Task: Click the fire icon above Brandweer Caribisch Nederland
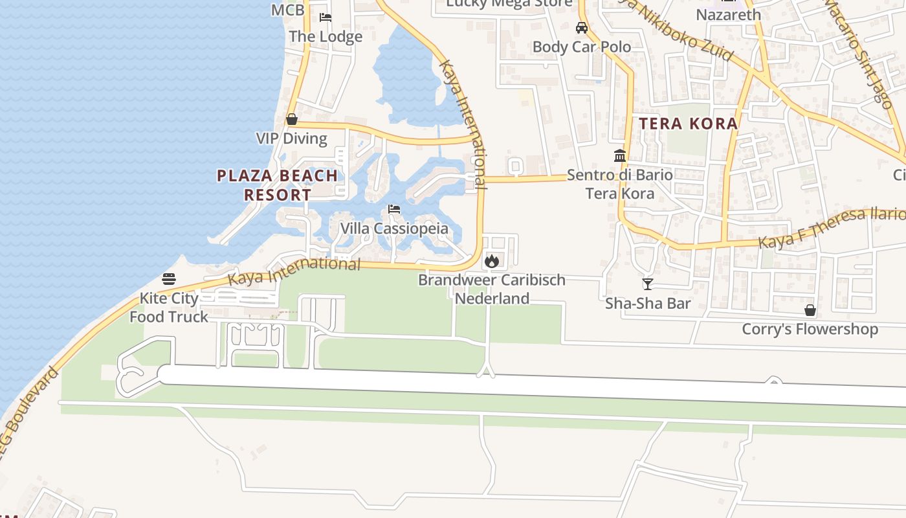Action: (x=492, y=261)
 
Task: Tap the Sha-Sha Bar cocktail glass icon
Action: (x=647, y=284)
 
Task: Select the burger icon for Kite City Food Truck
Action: (x=169, y=279)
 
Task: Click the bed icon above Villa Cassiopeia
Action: (x=393, y=209)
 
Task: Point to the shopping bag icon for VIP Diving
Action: (x=292, y=119)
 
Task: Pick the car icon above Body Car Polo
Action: (x=582, y=27)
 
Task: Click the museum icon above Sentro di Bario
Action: (x=620, y=155)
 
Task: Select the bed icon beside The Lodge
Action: (x=326, y=17)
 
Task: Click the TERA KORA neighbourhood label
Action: (x=689, y=124)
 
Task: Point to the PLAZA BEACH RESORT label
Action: (x=277, y=185)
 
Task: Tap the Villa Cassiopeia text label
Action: (x=394, y=229)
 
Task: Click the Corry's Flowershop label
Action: (x=810, y=329)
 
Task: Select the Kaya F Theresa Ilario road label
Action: (x=832, y=228)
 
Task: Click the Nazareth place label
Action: (x=728, y=14)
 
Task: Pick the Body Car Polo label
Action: (x=581, y=47)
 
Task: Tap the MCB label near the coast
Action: (x=287, y=10)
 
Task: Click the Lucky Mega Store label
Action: (x=509, y=3)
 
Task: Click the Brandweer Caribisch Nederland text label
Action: (x=492, y=289)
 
